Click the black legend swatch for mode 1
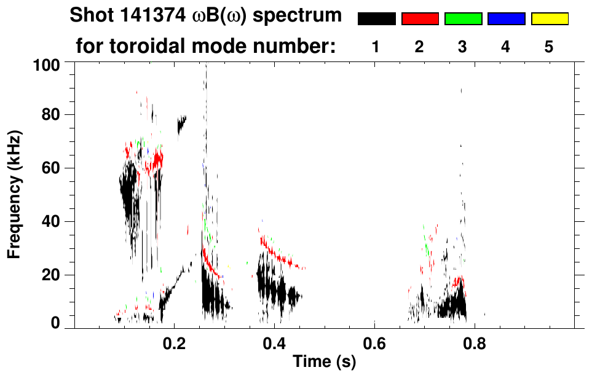pos(376,19)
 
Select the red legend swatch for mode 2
pos(420,19)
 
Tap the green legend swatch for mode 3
pos(463,19)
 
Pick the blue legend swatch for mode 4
pos(506,19)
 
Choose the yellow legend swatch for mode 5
pos(549,19)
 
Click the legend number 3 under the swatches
pos(463,47)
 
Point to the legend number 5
pos(549,47)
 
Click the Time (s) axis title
pos(324,363)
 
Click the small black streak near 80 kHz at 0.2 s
pos(181,125)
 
